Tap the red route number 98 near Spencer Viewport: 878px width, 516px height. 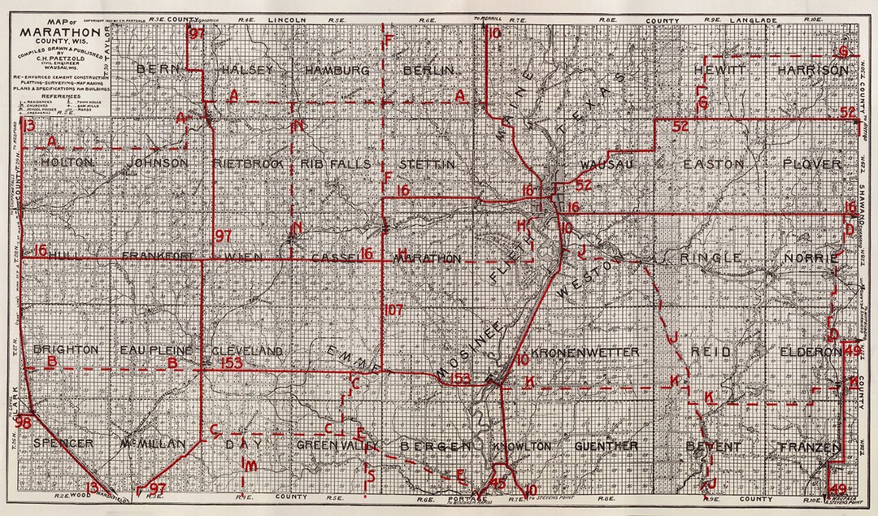click(24, 423)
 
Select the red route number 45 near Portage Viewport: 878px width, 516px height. click(498, 482)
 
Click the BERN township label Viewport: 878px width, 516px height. click(158, 70)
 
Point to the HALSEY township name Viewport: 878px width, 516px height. click(246, 70)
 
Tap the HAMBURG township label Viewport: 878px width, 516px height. click(337, 70)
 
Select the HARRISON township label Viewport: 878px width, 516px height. click(812, 71)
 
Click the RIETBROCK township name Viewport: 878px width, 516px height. click(247, 163)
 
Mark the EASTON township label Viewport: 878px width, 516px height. click(713, 163)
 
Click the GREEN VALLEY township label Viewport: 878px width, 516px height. click(337, 446)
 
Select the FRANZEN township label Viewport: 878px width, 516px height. click(808, 447)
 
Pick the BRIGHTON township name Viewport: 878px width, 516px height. click(66, 349)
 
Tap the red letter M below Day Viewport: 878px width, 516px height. click(252, 466)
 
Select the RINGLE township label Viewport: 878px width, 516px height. click(713, 258)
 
